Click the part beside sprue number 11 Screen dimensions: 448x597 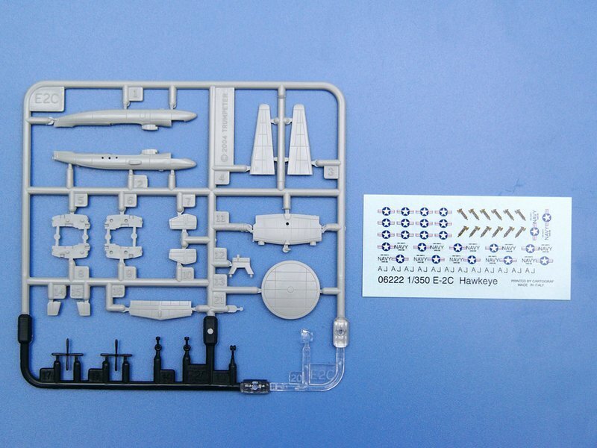(x=287, y=228)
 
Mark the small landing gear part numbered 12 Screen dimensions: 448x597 (x=240, y=265)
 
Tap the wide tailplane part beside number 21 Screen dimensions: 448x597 (x=161, y=308)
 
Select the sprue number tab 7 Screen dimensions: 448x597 (x=189, y=199)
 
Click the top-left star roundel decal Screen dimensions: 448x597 (x=386, y=211)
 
